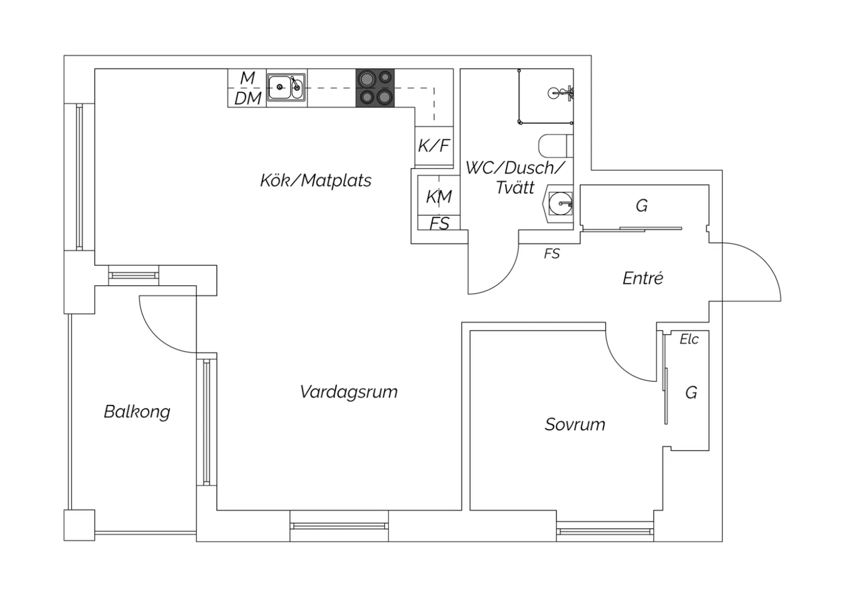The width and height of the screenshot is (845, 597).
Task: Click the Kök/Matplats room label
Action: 315,180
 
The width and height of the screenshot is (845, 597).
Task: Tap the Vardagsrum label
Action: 349,392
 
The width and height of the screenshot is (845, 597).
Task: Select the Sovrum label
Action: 575,425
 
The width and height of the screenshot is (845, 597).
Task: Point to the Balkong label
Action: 137,412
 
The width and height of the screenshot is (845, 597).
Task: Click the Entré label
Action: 643,278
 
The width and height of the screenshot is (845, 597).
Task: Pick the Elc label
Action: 689,340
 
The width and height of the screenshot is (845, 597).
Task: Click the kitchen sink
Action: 286,87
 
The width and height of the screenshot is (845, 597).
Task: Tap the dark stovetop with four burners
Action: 375,88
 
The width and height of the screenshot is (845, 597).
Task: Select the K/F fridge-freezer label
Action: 434,145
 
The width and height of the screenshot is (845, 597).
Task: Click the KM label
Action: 439,197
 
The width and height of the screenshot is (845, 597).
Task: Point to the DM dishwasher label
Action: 248,99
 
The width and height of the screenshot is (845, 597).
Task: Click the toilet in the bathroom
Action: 555,145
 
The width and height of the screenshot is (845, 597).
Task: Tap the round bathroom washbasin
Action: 560,204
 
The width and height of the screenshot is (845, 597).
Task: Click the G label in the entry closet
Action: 642,206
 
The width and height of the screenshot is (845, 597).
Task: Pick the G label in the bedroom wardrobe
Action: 691,393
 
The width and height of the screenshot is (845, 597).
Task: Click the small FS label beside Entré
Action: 552,254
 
